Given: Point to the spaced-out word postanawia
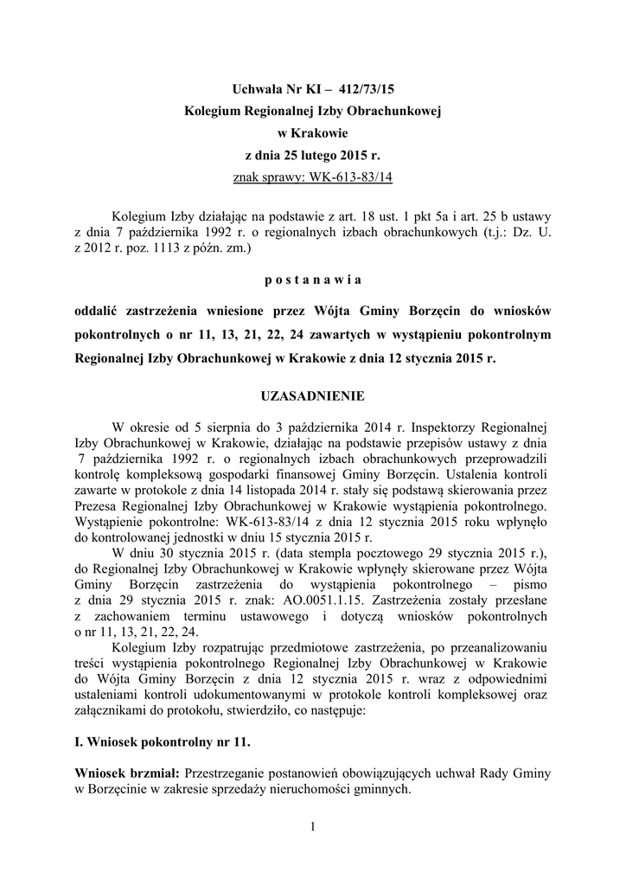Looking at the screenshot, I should point(313,279).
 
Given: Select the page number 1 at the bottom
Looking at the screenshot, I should point(313,829).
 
